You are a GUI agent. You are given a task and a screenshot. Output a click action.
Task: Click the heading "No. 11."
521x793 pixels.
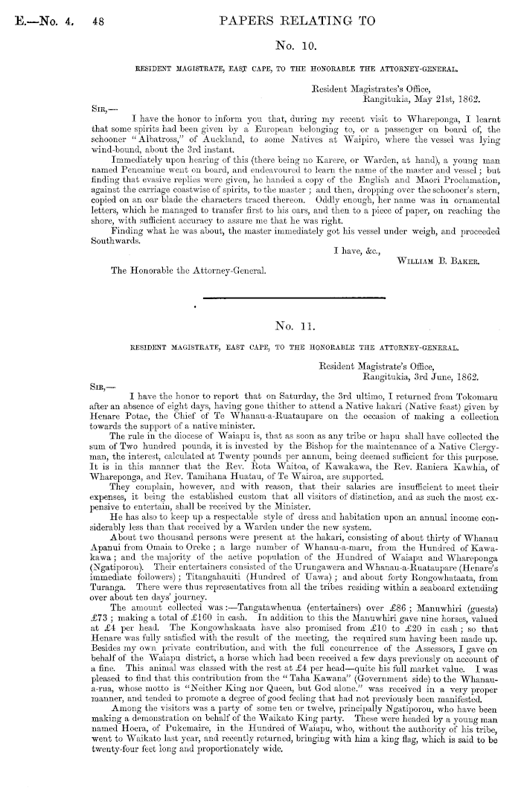tap(296, 325)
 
